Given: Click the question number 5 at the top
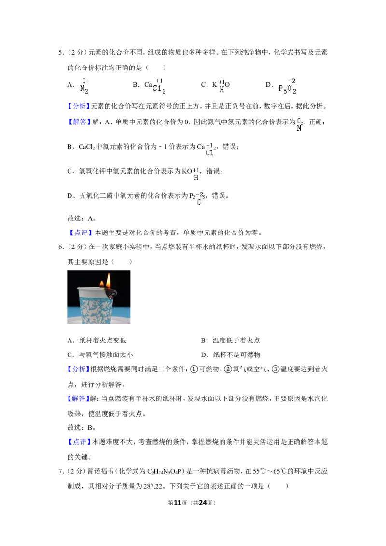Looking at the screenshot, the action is [61, 53].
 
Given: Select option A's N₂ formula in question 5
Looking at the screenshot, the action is [84, 86].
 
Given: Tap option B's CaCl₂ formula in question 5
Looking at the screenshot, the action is [155, 86].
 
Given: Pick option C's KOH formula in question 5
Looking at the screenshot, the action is [221, 86].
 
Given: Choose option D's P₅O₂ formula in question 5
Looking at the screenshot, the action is [287, 86].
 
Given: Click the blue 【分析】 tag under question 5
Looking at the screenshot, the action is [79, 106].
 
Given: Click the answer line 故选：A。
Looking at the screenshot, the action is [82, 218].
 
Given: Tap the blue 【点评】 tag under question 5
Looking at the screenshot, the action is [80, 232].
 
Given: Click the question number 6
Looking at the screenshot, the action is [61, 247].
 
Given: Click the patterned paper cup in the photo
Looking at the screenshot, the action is [96, 305].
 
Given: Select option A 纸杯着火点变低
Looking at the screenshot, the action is [97, 341].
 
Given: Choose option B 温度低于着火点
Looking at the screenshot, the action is [231, 341].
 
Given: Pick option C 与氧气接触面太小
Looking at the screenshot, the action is [100, 355].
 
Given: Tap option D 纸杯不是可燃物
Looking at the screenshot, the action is [231, 355].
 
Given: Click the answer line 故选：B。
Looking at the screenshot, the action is [82, 428].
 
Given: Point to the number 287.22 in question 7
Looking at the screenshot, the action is [153, 486].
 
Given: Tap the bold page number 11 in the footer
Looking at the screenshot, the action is [178, 503].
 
